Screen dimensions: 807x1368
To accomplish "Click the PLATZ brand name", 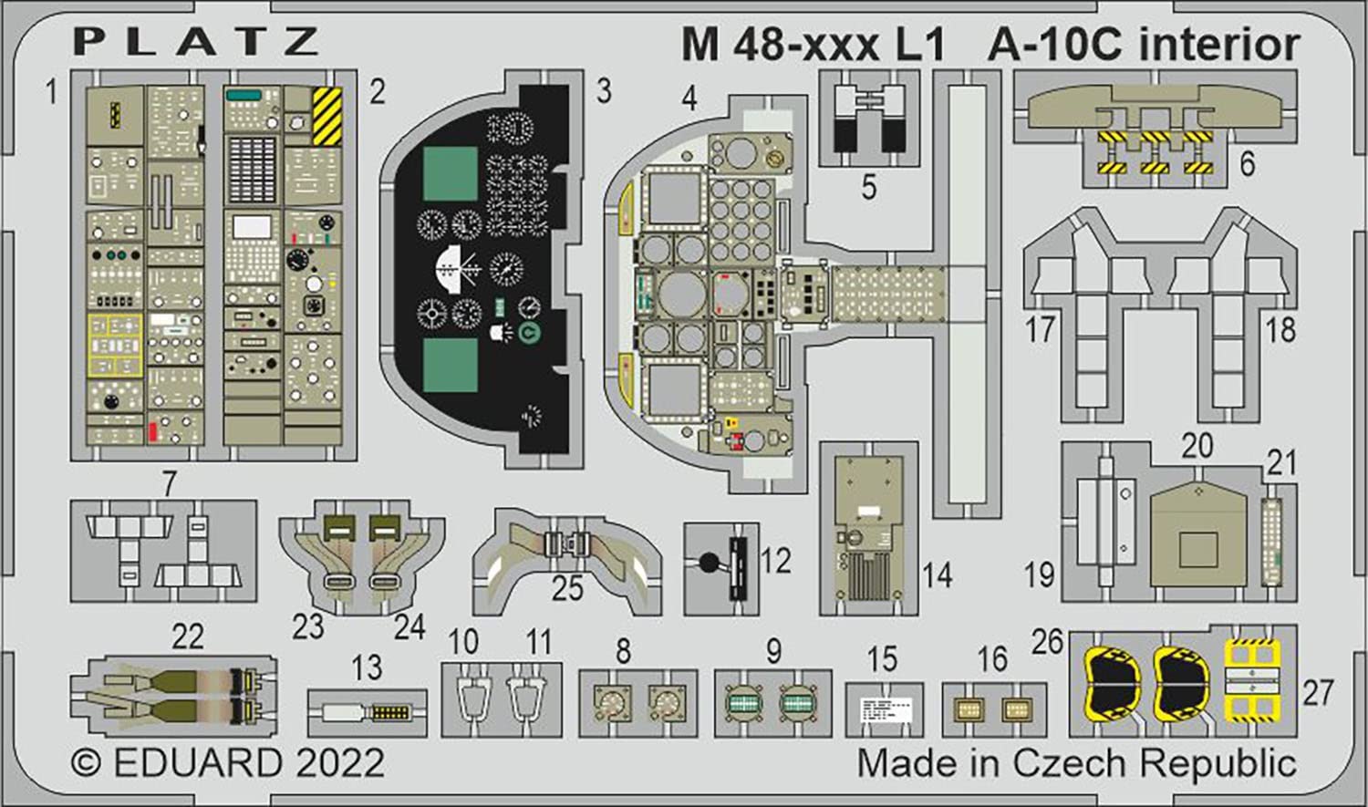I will point(196,42).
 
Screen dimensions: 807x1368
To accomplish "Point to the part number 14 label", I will point(937,575).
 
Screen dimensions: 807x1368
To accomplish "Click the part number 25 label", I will point(566,588).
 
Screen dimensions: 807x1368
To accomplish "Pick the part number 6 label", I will point(1247,163).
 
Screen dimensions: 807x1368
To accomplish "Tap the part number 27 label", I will point(1317,693).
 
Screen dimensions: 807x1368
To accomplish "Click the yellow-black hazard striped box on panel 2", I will point(326,117).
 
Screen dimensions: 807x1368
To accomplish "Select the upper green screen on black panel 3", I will point(451,173).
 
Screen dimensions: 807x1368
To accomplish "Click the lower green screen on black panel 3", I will point(451,364).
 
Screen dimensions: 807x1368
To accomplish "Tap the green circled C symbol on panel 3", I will point(527,334).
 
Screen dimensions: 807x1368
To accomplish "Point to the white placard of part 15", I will point(884,709).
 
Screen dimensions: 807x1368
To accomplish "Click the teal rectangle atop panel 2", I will point(244,95).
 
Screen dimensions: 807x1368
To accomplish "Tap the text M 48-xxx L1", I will point(812,45).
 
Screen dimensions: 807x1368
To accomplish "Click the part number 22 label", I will point(188,636).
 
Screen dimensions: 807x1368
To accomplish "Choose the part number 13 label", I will point(367,667).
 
